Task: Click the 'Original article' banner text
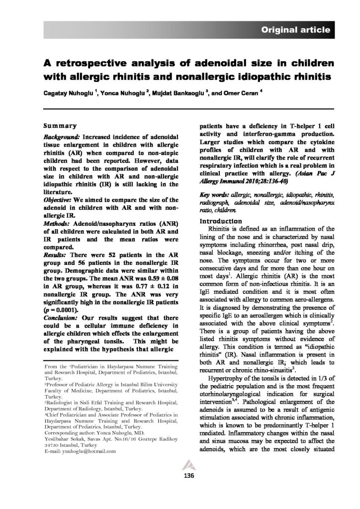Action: tap(295, 30)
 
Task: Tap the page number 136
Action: tap(180, 476)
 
